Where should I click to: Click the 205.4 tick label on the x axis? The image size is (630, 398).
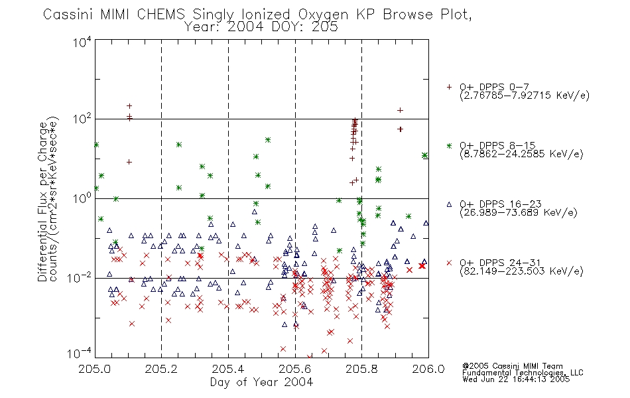tap(228, 369)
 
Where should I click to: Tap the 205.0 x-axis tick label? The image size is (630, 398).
tap(95, 369)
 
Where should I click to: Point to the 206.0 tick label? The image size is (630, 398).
tap(428, 369)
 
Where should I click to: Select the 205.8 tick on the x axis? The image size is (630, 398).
tap(361, 369)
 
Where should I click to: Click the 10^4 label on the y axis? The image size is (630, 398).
tap(82, 41)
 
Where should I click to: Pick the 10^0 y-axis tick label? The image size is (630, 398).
tap(82, 198)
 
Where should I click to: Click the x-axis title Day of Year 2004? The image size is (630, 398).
tap(261, 382)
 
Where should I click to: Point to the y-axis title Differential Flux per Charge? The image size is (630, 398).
tap(42, 200)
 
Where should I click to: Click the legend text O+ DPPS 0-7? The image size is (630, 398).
tap(494, 87)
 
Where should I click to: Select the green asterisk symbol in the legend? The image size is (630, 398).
tap(449, 145)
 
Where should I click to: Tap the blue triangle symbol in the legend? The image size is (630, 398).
tap(449, 204)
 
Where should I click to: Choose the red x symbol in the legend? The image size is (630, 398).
tap(449, 263)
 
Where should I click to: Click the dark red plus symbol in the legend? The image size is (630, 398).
tap(449, 87)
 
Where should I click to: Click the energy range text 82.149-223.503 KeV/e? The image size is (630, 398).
tap(521, 271)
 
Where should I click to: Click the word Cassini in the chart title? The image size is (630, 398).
tap(68, 15)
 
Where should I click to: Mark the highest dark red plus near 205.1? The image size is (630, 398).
tap(129, 106)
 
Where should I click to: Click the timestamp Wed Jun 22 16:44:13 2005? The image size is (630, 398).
tap(516, 379)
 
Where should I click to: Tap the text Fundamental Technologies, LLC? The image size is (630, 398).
tap(523, 373)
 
